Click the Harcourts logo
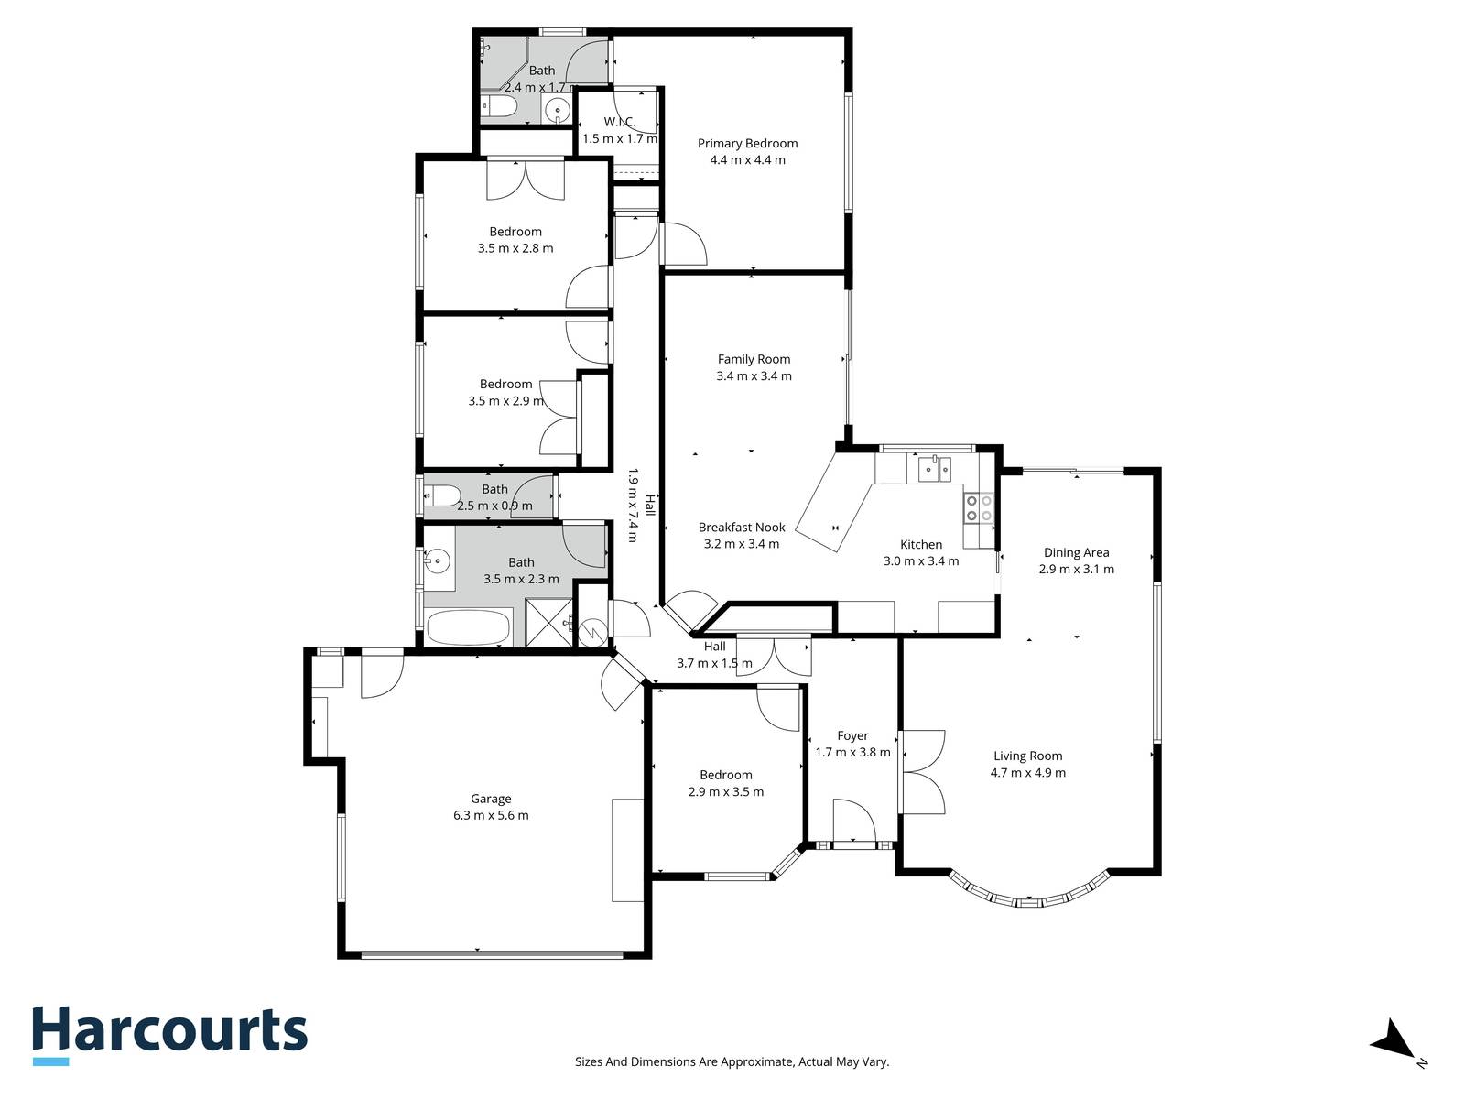pos(169,1036)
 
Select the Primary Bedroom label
pos(747,144)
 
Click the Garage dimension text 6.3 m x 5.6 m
pos(491,815)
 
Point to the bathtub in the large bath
pos(469,626)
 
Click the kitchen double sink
pos(935,468)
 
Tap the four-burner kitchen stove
pos(979,507)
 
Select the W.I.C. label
pos(619,122)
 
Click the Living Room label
pos(1028,756)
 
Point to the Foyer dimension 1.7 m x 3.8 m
pos(853,753)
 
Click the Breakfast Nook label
pos(742,528)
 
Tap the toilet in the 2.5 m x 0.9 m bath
pos(442,495)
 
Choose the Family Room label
pos(754,359)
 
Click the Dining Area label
pos(1077,552)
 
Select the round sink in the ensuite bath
pos(557,109)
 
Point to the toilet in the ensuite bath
pos(499,107)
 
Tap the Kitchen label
pos(921,545)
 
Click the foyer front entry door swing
pos(854,822)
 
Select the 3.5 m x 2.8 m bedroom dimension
pos(515,248)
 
